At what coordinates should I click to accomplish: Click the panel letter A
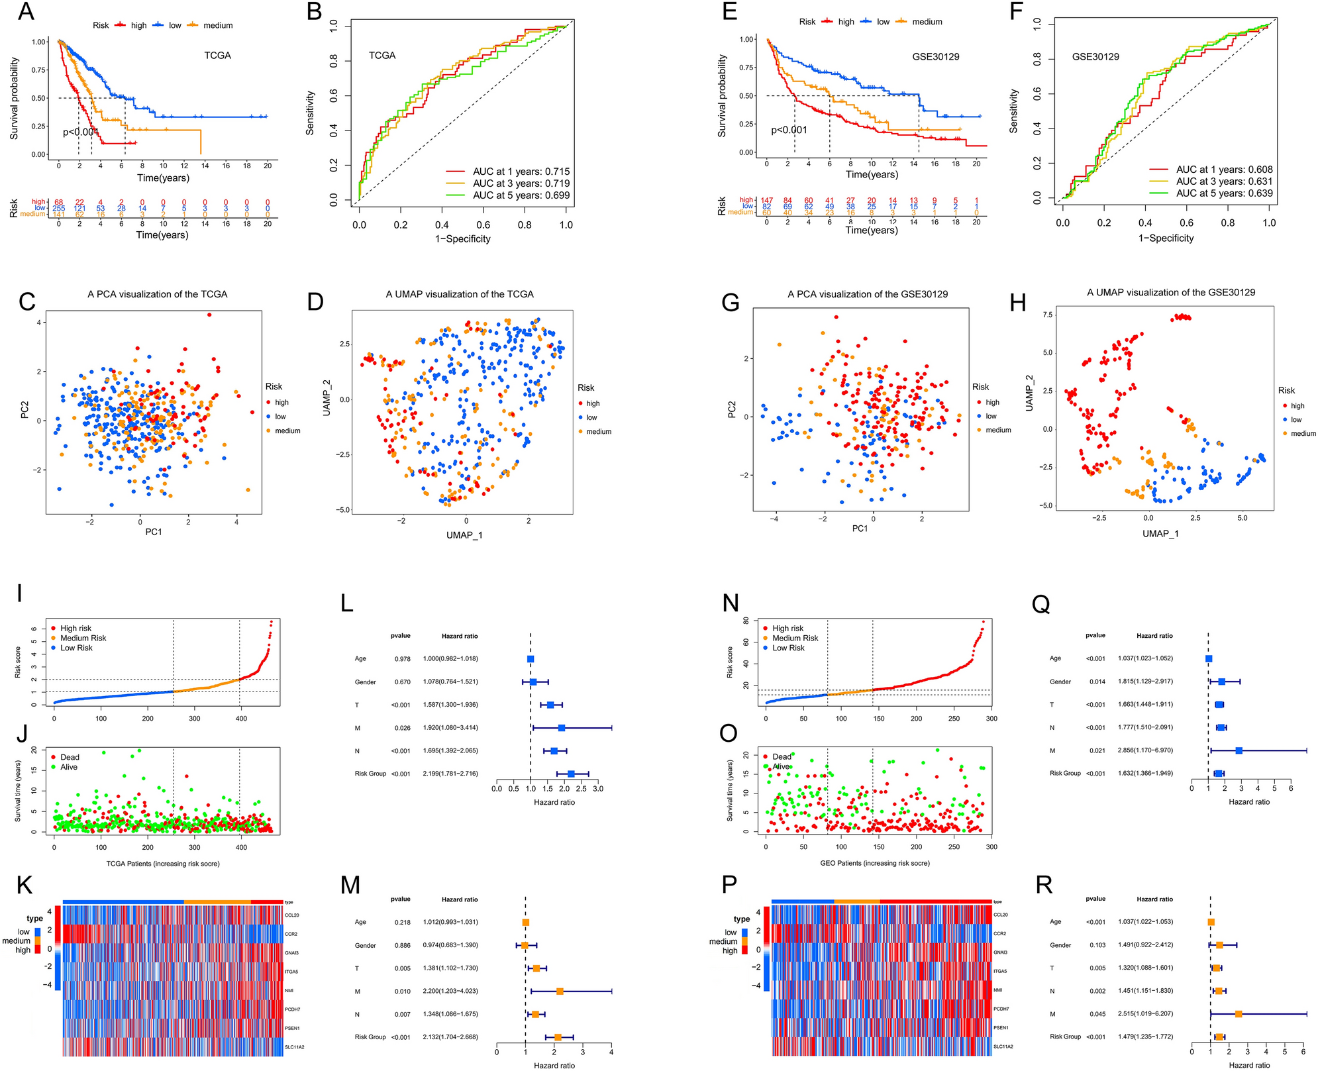26,11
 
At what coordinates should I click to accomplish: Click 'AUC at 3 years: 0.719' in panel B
521,183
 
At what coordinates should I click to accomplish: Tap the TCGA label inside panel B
382,56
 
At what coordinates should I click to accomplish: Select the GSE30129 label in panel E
935,56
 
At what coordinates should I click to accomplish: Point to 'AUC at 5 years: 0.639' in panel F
1224,193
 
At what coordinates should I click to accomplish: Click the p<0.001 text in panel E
789,130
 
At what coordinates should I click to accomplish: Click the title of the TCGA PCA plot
157,294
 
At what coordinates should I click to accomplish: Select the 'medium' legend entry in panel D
598,431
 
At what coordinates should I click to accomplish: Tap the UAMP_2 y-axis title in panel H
1029,393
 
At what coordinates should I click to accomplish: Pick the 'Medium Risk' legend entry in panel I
83,638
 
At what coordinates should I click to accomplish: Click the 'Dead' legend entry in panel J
70,757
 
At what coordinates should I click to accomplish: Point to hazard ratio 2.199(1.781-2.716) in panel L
450,773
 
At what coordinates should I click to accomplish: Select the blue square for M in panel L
562,727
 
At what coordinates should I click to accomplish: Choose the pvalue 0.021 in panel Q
1096,750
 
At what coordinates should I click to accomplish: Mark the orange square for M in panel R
1238,1014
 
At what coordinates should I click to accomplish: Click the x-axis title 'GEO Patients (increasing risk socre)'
875,863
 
